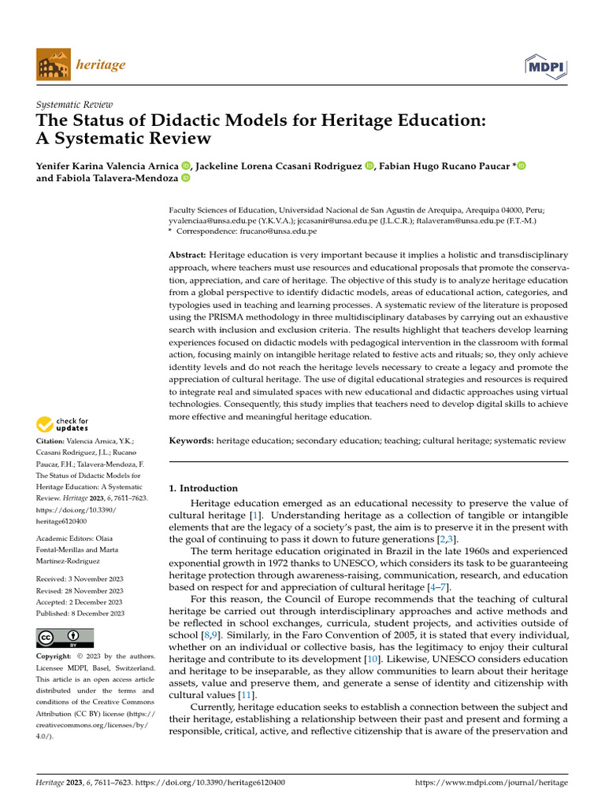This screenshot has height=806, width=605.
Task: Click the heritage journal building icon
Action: coord(52,65)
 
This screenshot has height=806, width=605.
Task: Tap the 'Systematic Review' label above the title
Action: coord(75,104)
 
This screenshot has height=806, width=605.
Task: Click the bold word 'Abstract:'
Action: coord(187,255)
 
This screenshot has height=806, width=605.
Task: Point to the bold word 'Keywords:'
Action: coord(191,441)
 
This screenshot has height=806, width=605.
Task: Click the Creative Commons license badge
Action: coord(65,638)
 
